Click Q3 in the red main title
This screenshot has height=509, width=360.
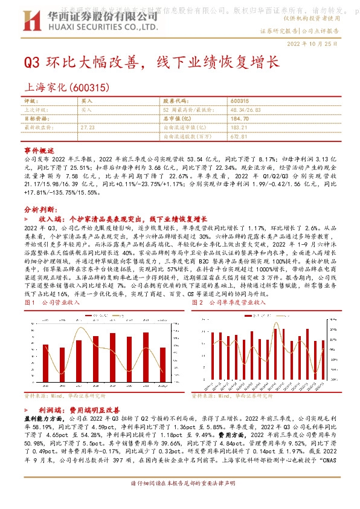click(x=31, y=63)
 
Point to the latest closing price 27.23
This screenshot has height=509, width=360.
click(x=88, y=128)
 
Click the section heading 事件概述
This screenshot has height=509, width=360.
click(x=39, y=149)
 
